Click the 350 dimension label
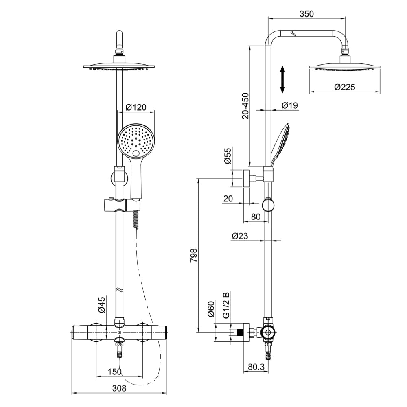(306, 13)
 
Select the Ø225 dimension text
(345, 87)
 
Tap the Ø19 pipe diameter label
(289, 105)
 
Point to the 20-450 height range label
(245, 106)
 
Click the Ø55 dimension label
(228, 156)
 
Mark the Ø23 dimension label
(241, 236)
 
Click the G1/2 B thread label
(227, 305)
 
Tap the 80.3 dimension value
(256, 367)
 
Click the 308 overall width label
(119, 388)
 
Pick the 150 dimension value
(115, 371)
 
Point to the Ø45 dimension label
(102, 304)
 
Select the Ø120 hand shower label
(136, 107)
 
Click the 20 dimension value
(228, 198)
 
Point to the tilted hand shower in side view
(280, 142)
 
